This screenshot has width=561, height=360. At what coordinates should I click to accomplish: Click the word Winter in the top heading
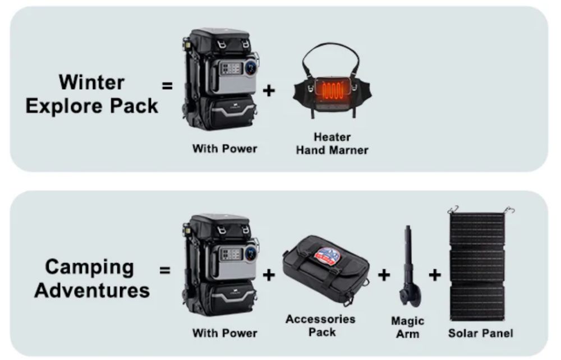[91, 82]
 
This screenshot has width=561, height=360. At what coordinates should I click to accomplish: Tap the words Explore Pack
[92, 106]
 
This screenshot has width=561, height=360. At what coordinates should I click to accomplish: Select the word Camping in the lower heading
[89, 268]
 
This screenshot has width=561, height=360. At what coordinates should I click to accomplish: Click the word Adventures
[92, 290]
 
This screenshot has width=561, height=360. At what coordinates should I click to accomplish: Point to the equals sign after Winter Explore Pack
[167, 86]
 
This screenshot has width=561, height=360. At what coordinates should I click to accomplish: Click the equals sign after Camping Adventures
[164, 270]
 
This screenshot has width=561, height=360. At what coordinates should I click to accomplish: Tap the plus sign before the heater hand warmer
[269, 90]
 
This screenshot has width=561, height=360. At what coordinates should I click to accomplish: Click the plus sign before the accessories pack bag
[269, 275]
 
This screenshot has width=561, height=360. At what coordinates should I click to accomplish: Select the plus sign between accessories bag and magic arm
[384, 275]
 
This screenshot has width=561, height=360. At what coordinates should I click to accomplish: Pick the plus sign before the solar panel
[435, 275]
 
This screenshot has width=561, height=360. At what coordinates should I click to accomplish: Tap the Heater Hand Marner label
[332, 144]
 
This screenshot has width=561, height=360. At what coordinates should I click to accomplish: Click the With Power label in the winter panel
[225, 149]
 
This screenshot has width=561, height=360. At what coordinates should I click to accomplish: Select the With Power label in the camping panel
[225, 333]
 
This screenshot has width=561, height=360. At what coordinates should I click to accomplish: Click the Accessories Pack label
[320, 325]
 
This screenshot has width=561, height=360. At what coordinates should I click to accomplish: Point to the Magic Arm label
[407, 327]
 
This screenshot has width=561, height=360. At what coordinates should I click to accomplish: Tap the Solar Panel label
[481, 333]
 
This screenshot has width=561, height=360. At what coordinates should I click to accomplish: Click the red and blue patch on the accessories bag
[325, 257]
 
